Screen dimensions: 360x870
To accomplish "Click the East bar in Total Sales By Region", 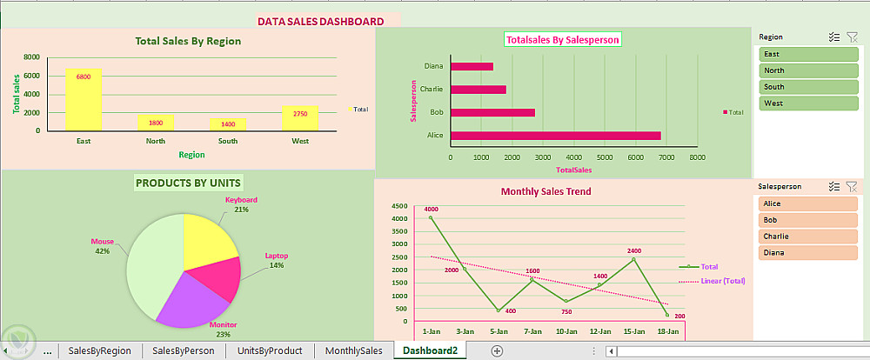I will (84, 99).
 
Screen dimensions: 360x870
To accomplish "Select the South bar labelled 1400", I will (228, 124).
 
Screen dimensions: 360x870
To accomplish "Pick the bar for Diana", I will (472, 66).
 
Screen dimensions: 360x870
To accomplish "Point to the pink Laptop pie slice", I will (223, 277).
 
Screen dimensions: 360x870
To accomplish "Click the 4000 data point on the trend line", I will (431, 217).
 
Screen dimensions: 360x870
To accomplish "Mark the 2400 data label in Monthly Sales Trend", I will (633, 250).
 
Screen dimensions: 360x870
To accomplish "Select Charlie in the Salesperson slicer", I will (808, 236).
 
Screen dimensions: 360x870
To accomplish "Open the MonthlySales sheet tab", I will (353, 350).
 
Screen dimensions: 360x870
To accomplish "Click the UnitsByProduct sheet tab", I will (270, 350).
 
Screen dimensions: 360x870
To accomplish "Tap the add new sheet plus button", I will (497, 350).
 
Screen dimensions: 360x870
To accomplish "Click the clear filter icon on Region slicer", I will (852, 37).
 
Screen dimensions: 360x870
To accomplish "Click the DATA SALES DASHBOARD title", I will (320, 21).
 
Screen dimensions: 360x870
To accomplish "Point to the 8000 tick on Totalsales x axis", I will (697, 157).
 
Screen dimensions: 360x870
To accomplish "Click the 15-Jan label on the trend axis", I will (633, 331).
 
